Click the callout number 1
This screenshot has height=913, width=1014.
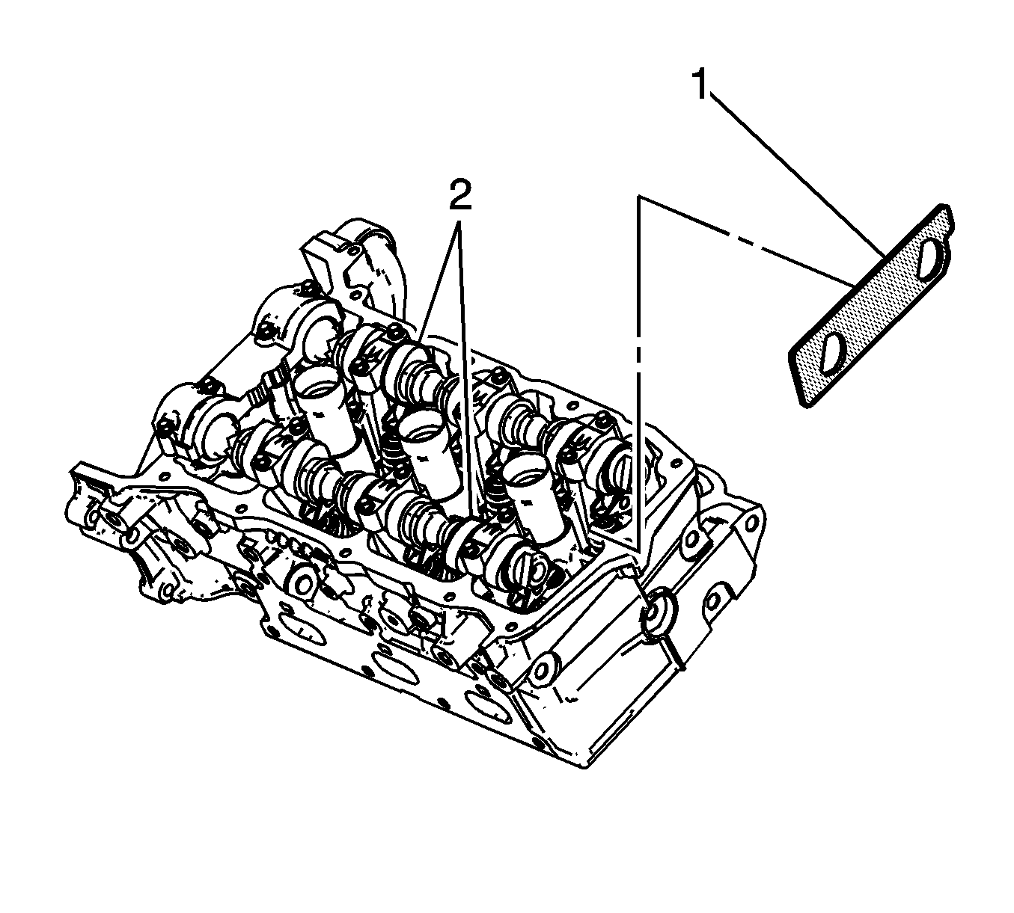pos(700,85)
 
